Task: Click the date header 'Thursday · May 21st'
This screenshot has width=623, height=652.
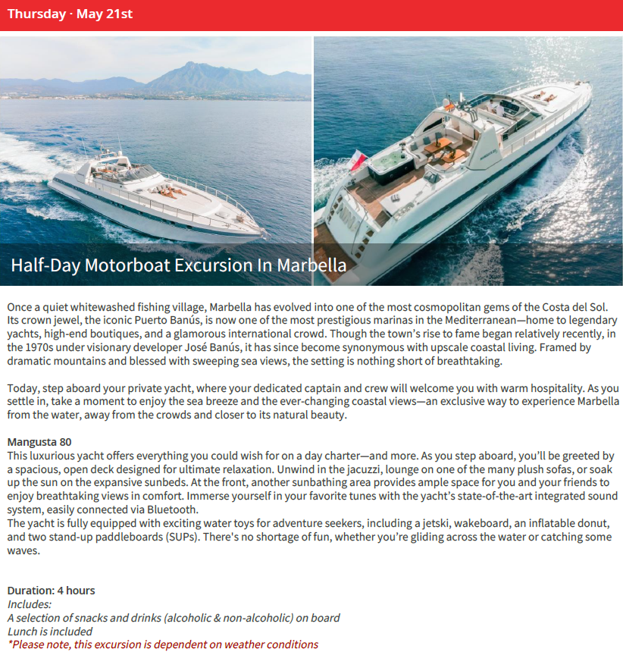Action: (x=70, y=14)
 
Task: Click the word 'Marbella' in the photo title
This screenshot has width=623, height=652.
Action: (x=311, y=265)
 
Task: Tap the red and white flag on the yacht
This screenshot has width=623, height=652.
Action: (x=358, y=159)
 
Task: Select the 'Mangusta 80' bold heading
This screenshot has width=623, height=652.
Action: (x=39, y=441)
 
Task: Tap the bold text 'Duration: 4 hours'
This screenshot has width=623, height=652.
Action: (x=51, y=590)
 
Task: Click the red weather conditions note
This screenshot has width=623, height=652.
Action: (x=163, y=644)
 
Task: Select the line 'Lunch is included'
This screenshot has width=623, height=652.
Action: (x=50, y=631)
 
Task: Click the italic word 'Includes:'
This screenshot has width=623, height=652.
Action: (x=30, y=604)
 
